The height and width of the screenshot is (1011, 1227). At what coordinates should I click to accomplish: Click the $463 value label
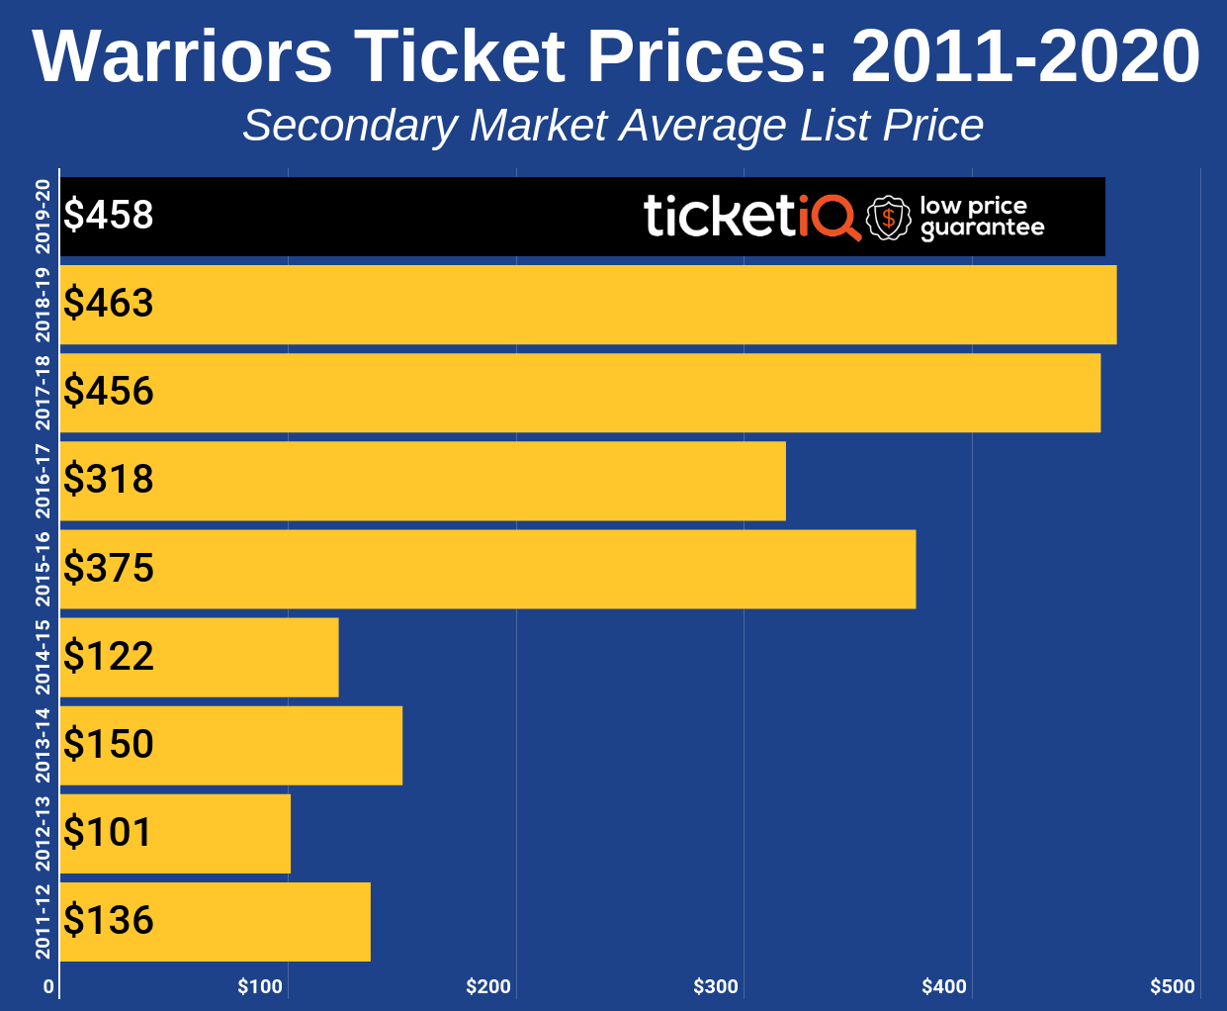[109, 303]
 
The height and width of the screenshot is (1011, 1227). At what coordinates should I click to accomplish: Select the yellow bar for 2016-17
[423, 481]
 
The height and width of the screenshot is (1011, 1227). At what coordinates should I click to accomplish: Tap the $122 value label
[109, 656]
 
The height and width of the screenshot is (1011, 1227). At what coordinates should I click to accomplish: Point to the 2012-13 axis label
[43, 833]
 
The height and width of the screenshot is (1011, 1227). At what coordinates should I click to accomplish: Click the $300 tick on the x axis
[716, 986]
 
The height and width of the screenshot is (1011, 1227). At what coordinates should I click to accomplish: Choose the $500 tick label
[1173, 986]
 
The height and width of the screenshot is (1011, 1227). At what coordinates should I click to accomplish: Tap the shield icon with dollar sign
[888, 218]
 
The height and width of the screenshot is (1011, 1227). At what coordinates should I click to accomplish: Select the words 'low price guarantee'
[981, 217]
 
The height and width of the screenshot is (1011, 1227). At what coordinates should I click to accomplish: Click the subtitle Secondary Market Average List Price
[613, 126]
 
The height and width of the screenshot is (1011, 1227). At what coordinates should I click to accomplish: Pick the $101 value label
[109, 832]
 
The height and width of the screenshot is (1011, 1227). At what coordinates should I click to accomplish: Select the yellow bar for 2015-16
[487, 569]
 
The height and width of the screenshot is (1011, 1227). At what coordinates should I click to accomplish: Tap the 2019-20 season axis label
[43, 217]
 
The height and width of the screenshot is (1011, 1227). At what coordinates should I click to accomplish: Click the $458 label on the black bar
[109, 215]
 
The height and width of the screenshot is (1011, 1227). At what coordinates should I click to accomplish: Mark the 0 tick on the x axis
[48, 986]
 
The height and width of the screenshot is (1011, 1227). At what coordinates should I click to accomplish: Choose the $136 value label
[109, 920]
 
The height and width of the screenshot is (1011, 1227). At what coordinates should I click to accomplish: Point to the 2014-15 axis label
[43, 657]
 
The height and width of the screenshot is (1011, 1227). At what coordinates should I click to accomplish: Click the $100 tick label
[260, 986]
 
